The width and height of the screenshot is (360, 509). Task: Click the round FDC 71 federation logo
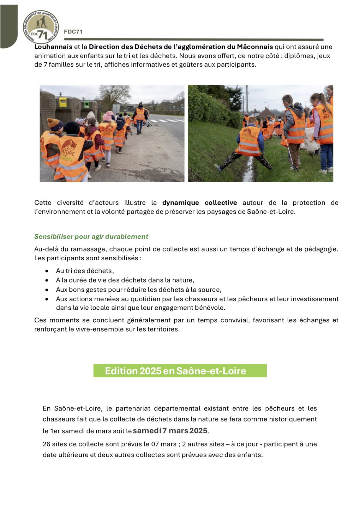[41, 27]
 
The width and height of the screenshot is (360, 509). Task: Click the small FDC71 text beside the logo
[73, 32]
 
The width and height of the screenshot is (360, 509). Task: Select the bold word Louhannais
[53, 47]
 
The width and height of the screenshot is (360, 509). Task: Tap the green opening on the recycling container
[86, 104]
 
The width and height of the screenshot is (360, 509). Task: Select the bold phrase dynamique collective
[199, 203]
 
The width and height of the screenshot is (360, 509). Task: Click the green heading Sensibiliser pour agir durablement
[91, 236]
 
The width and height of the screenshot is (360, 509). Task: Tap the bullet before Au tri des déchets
[47, 271]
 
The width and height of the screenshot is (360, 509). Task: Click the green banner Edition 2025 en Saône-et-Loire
[180, 371]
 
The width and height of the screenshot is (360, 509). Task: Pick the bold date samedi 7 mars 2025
[170, 431]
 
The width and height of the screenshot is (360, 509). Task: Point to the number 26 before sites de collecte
[46, 444]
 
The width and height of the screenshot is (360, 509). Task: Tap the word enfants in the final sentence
[249, 455]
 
